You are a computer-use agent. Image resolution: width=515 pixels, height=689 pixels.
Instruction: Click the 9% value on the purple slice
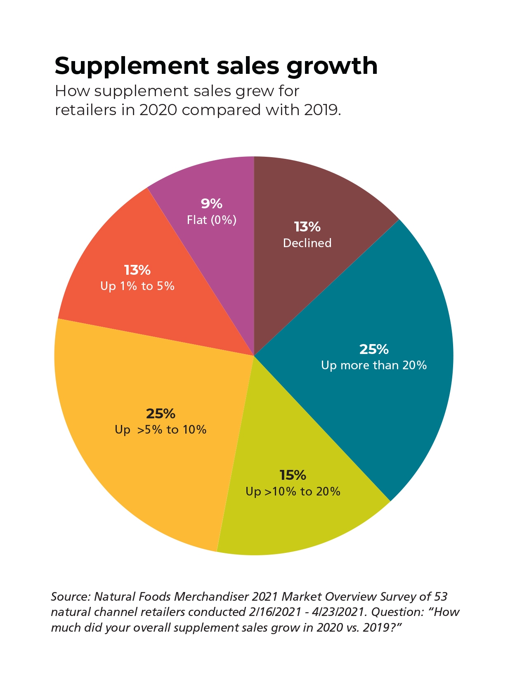click(x=212, y=203)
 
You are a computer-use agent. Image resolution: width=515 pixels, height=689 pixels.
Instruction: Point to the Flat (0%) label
click(x=212, y=220)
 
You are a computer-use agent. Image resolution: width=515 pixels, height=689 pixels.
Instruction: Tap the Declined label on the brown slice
click(x=307, y=243)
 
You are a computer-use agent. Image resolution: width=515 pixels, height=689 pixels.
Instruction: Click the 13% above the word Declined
click(x=307, y=227)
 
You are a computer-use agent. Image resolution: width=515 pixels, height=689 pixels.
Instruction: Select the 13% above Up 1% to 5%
click(x=137, y=270)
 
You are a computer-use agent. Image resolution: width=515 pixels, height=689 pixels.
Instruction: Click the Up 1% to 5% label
click(x=137, y=286)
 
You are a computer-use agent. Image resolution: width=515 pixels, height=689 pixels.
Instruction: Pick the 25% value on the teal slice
click(x=374, y=349)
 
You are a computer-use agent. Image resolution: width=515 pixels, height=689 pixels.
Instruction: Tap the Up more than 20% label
click(x=374, y=365)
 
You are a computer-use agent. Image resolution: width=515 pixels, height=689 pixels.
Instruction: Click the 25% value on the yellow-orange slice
click(x=161, y=413)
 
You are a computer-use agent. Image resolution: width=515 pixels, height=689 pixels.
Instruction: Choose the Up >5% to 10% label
click(x=161, y=429)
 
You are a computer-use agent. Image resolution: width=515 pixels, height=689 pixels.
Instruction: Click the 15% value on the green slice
click(x=293, y=475)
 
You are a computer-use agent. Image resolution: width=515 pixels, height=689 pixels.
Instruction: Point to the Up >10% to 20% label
click(x=293, y=491)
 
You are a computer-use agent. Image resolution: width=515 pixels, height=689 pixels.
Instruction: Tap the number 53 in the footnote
click(x=441, y=597)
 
